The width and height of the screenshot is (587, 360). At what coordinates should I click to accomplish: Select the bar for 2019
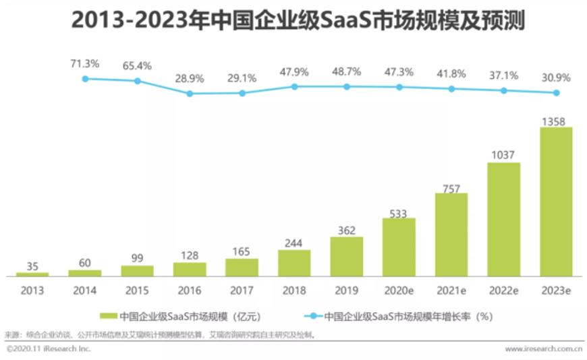347,256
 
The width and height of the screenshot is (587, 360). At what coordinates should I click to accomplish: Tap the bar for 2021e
451,235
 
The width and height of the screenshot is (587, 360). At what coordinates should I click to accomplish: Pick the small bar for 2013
32,274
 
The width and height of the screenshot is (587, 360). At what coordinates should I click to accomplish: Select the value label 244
294,244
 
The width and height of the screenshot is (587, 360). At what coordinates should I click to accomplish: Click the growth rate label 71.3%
85,63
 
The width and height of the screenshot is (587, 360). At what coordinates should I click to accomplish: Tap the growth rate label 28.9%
190,78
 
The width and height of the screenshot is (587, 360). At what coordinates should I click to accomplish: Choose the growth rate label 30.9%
556,78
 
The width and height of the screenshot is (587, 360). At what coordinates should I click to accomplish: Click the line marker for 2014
85,79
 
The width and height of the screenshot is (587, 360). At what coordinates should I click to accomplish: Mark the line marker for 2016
190,94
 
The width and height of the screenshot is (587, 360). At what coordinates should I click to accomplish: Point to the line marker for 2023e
556,93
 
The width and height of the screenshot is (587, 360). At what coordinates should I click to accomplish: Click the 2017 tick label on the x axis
242,291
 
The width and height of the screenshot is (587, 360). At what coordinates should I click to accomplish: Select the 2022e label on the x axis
503,291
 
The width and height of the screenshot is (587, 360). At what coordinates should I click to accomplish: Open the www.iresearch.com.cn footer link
544,349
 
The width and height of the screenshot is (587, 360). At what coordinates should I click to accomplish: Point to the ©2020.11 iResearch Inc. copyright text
48,349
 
